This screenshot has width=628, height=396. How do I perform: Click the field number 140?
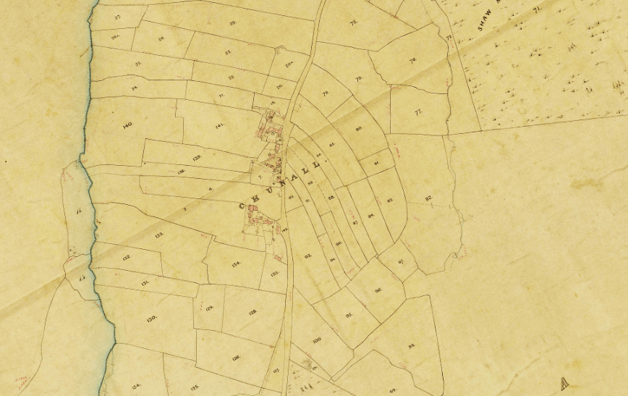pos(128,125)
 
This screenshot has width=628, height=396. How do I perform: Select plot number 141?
pos(220,125)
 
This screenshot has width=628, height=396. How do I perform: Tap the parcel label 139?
pos(196,157)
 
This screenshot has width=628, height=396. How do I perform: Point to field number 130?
pos(151,319)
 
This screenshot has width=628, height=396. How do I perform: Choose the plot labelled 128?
pos(253,312)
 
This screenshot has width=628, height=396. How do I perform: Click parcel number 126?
pos(236,358)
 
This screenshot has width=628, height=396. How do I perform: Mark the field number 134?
pos(235,264)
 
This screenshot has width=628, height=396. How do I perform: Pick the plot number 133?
pos(158,235)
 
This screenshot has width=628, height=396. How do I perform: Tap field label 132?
pos(126,258)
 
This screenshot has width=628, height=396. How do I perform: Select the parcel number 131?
pos(145,283)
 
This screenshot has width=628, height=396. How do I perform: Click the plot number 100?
pos(316,340)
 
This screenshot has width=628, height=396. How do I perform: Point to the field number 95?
pos(349,315)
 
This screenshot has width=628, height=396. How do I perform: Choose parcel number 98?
pos(412,346)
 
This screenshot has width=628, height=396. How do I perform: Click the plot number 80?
pos(359,129)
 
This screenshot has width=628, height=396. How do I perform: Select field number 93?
pos(307,256)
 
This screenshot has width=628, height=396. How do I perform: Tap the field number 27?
pos(117,16)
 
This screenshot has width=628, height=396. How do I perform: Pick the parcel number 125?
pos(195,387)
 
